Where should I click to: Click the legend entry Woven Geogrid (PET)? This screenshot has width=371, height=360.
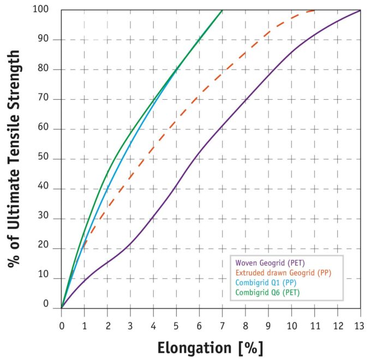[263, 263]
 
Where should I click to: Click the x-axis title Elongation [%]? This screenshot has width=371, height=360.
[211, 347]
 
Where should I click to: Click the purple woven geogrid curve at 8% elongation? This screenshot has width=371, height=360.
[245, 100]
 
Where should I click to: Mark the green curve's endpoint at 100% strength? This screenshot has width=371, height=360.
[222, 10]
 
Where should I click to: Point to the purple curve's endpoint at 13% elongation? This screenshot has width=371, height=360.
[360, 10]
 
